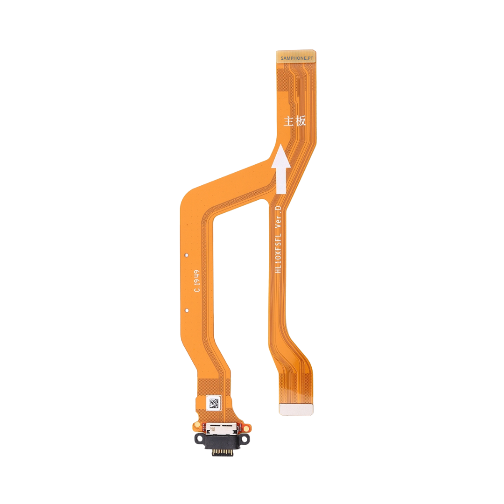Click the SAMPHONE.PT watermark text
(x=297, y=58)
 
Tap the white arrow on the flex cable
(x=281, y=169)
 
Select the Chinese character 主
(x=288, y=121)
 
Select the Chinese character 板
(x=300, y=121)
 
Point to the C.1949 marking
(x=197, y=281)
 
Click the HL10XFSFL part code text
(x=278, y=253)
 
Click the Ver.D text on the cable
(x=278, y=217)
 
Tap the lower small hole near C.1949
(x=186, y=310)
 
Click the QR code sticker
(x=214, y=403)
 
